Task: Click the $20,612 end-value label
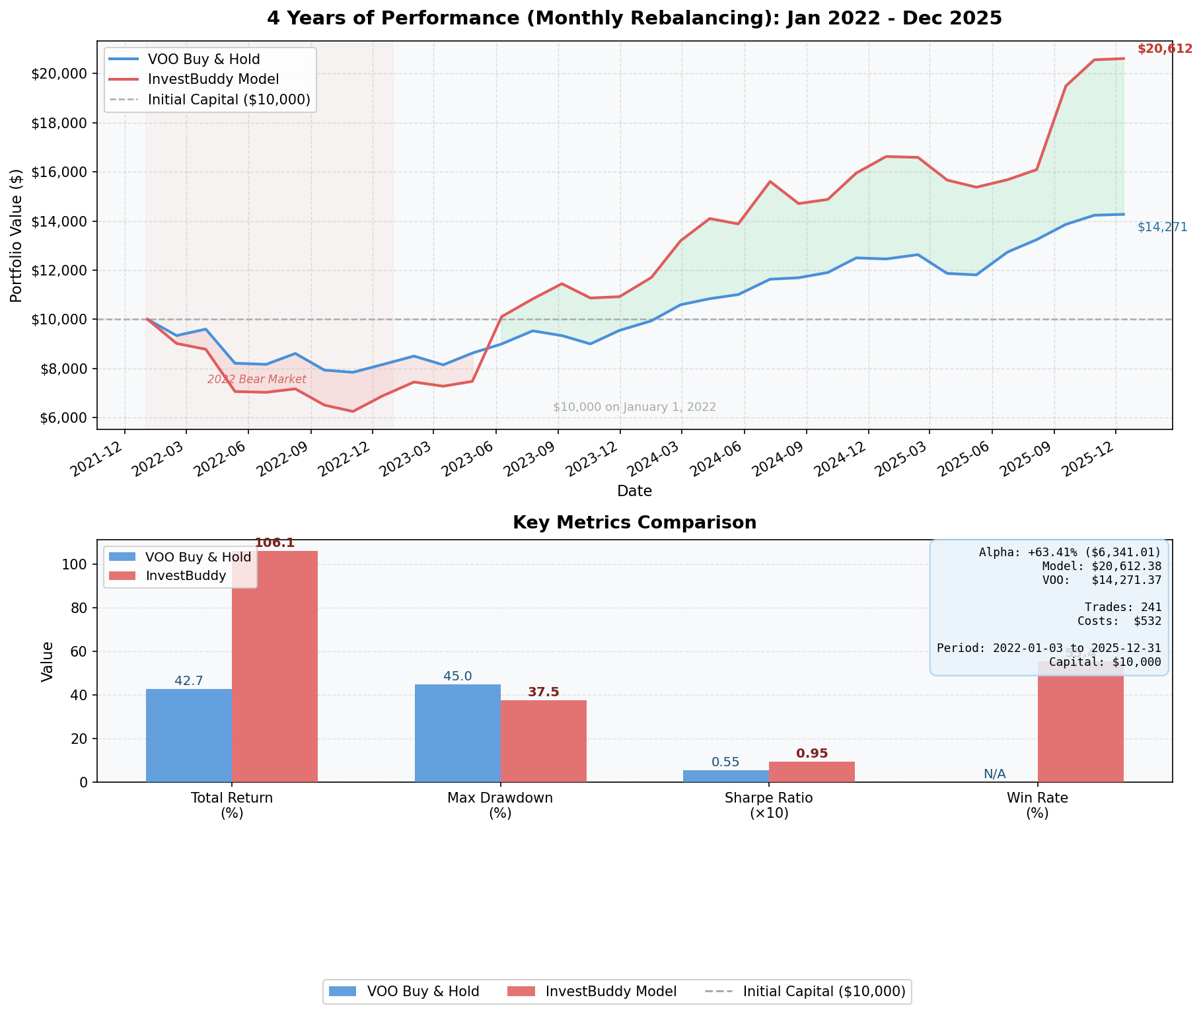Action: (1165, 49)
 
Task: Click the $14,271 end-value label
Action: (1162, 227)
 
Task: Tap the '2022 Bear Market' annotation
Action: (256, 379)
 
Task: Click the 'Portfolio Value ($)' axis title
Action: (17, 235)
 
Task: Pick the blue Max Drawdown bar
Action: (457, 733)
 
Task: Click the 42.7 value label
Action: (189, 680)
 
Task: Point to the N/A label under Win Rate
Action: (994, 774)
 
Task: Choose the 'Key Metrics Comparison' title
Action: (634, 523)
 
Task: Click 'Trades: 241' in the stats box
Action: (1122, 607)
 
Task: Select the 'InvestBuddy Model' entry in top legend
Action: (213, 79)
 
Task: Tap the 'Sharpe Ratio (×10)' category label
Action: (768, 805)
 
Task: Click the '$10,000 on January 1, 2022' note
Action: (634, 407)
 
